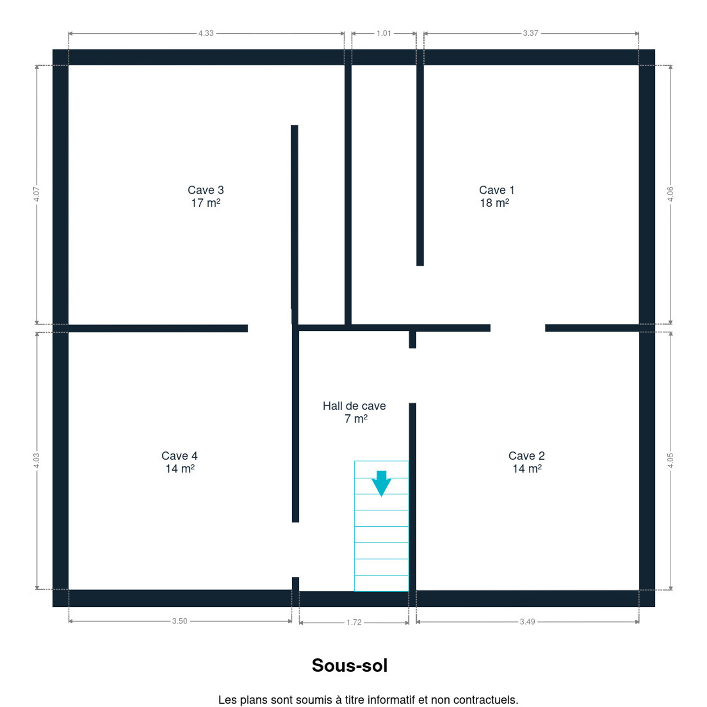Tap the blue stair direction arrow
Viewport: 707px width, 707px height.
[381, 484]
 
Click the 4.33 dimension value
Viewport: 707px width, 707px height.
[206, 33]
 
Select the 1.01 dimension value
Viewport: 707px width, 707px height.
[384, 33]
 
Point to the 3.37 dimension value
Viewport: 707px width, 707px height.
[531, 33]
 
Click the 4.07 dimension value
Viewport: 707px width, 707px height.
[36, 194]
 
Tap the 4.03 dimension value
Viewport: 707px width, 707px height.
[36, 461]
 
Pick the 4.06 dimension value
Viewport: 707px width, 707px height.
[670, 194]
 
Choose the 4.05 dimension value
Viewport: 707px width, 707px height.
[670, 461]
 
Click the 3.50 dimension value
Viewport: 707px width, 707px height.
[179, 621]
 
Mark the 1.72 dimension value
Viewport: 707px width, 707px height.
[354, 623]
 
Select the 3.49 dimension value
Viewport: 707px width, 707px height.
[527, 622]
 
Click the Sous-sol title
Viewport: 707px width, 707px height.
[350, 665]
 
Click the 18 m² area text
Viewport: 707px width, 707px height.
[494, 203]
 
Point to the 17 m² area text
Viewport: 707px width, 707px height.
[205, 203]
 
